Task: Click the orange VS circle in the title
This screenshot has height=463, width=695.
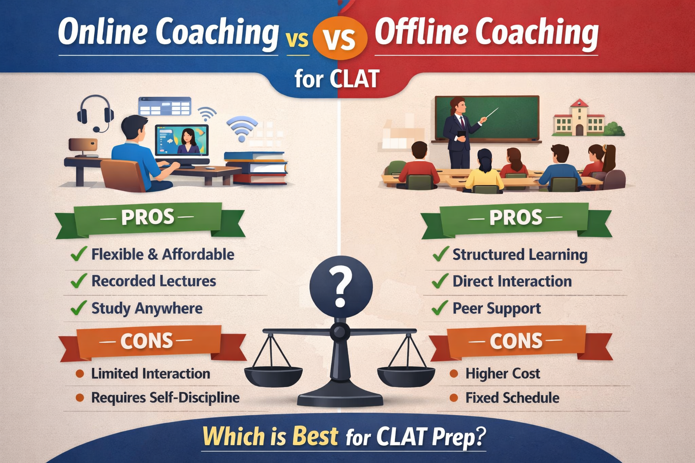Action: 339,39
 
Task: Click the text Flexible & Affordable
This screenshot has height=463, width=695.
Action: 163,254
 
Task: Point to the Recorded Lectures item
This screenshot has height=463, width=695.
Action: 154,281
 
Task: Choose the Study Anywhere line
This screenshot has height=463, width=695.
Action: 147,308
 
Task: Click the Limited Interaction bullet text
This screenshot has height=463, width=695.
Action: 151,373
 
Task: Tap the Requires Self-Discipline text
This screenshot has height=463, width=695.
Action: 166,398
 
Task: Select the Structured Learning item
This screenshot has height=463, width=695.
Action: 520,255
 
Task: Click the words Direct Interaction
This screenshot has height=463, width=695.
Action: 512,281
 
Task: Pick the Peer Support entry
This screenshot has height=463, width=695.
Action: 497,308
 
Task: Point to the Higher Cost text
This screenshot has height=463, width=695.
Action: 503,373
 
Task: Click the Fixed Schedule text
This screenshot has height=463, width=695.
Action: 512,398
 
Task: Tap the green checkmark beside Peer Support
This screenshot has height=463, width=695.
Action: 440,308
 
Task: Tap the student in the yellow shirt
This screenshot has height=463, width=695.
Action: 484,172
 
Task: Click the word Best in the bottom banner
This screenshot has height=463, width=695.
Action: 315,436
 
